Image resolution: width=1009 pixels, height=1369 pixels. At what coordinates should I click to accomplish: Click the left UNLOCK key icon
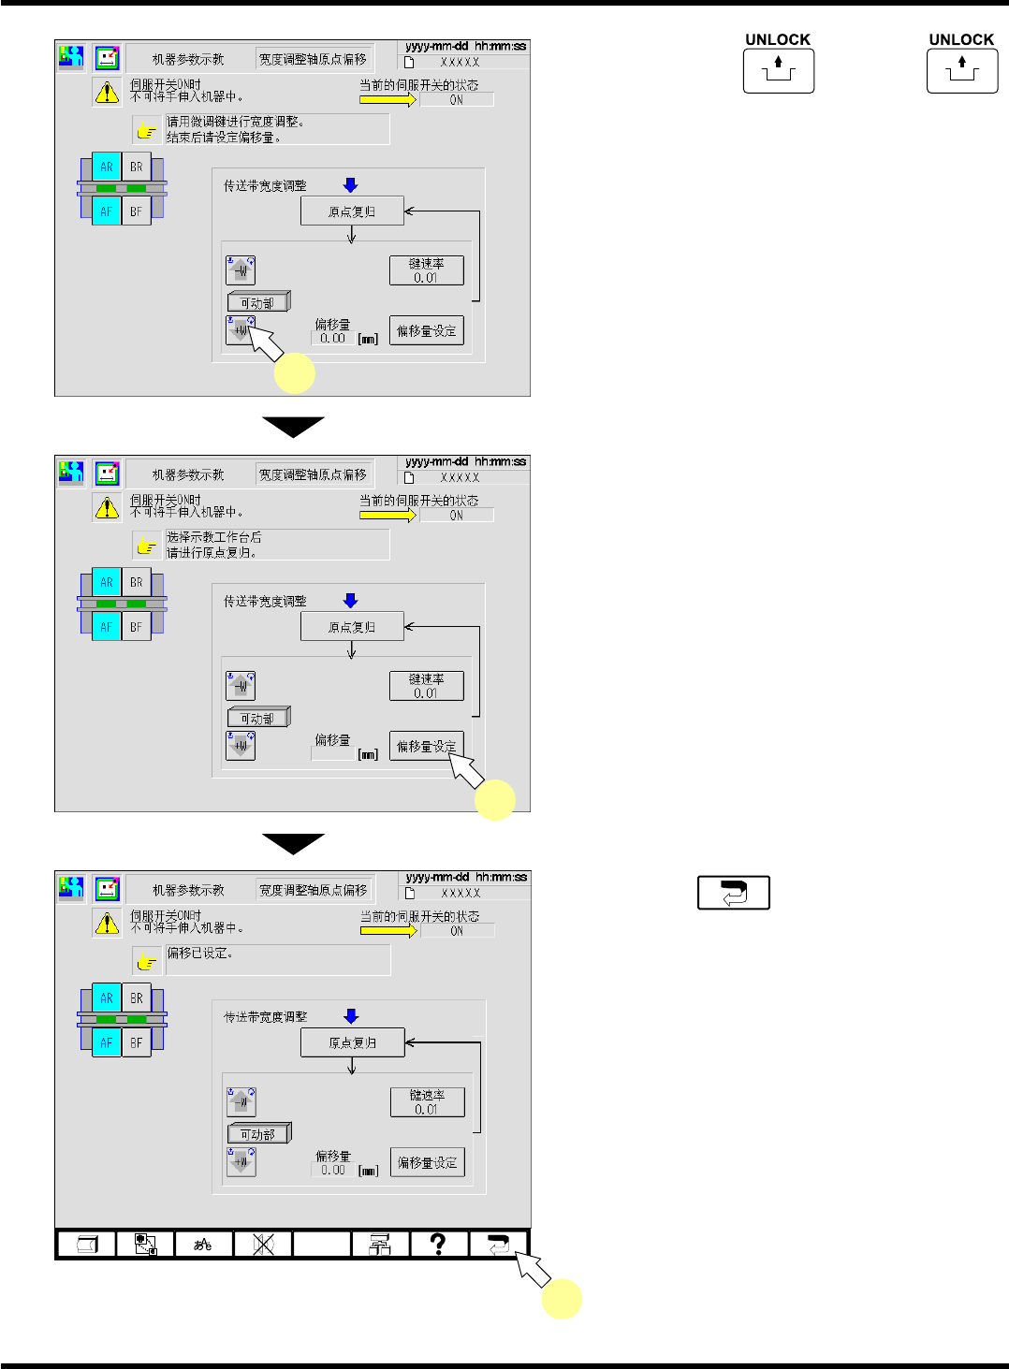[778, 71]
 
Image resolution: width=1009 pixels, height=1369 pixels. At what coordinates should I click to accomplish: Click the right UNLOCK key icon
[961, 71]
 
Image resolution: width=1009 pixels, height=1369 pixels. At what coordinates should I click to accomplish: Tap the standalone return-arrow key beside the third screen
[733, 893]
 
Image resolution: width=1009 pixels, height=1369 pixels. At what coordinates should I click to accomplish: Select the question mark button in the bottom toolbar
[438, 1244]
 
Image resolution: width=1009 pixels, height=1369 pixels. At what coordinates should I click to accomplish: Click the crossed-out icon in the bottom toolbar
[263, 1244]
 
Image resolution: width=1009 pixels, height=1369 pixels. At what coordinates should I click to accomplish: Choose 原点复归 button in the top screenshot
[352, 211]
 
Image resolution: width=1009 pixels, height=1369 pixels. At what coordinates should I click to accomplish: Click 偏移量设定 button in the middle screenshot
[427, 746]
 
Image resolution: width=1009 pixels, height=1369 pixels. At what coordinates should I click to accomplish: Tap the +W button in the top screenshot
[241, 330]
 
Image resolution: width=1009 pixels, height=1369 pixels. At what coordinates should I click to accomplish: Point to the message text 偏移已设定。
[200, 954]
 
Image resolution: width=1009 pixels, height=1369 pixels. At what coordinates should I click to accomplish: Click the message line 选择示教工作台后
[214, 537]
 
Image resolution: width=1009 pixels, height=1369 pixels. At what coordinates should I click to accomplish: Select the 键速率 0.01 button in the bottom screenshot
[427, 1101]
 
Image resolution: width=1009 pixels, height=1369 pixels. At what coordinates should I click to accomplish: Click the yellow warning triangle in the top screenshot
[107, 92]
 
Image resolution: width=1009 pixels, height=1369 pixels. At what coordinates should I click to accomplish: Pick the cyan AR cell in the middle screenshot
[107, 582]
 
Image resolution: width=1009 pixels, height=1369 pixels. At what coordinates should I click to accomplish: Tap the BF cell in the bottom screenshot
[137, 1042]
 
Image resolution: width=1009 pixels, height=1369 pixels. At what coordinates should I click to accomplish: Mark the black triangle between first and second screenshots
[293, 427]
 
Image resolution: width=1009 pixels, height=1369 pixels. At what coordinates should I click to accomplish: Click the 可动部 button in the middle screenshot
[258, 719]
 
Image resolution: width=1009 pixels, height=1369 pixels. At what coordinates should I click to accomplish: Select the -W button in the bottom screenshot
[241, 1101]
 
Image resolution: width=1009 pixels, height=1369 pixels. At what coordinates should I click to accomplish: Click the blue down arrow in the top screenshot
[351, 184]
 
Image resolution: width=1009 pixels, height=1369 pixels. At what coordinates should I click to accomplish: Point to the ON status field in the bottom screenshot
[457, 931]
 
